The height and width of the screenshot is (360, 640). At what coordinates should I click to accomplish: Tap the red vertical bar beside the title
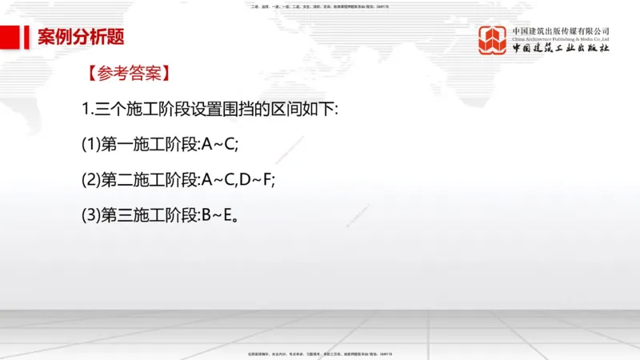tap(29, 37)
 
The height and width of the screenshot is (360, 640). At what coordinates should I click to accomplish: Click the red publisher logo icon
tap(493, 40)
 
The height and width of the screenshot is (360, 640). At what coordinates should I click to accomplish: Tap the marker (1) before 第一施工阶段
tap(90, 144)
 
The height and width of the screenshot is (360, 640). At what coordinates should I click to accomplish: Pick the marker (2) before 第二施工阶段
tap(90, 180)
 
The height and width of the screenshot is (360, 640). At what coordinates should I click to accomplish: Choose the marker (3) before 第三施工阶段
tap(90, 215)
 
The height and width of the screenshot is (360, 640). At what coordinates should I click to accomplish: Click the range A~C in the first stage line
tap(219, 144)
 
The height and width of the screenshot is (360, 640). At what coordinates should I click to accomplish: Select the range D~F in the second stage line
tap(255, 180)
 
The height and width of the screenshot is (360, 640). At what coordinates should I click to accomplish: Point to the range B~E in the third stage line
tap(218, 215)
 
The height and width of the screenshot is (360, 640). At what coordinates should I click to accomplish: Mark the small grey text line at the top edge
tap(320, 6)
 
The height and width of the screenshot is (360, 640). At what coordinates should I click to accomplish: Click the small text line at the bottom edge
tap(320, 353)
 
